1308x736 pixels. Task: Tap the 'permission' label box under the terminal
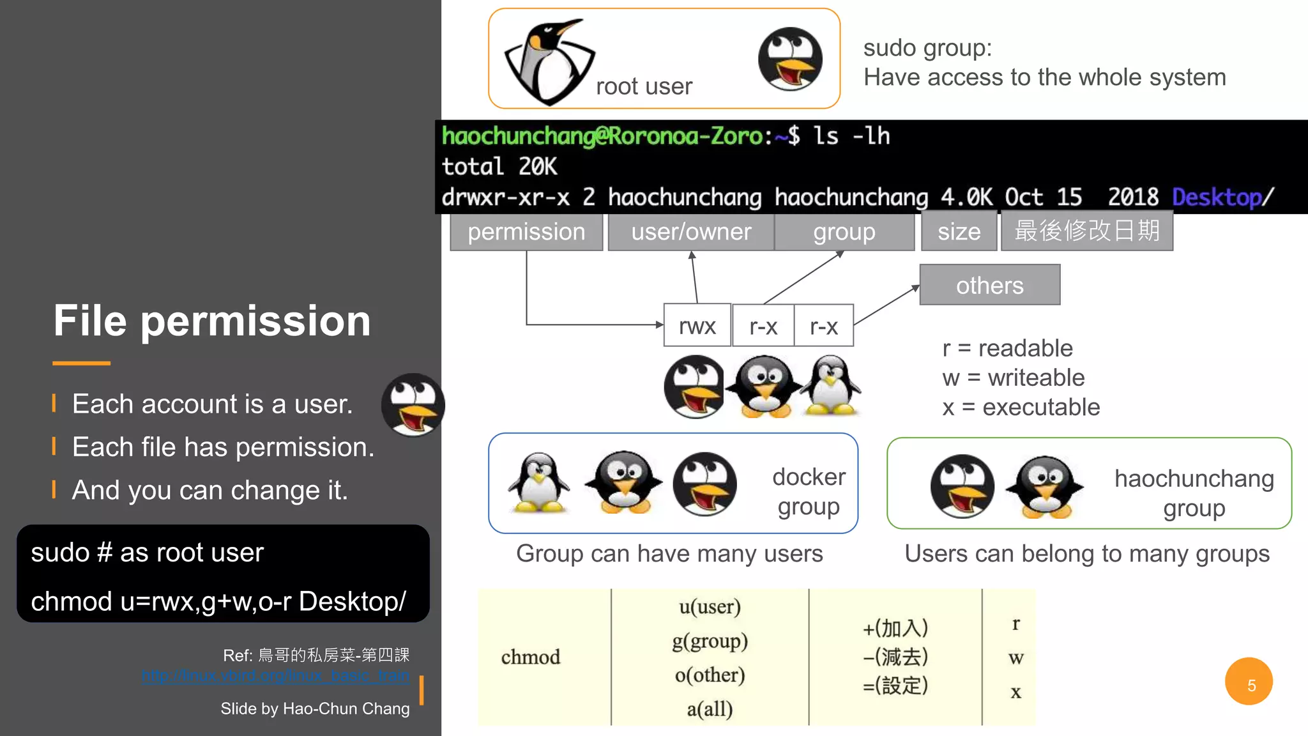(526, 232)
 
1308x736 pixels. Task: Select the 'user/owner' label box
(691, 232)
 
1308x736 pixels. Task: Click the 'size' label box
(959, 232)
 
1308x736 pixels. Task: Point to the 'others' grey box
(989, 285)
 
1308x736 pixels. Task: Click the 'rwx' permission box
(697, 326)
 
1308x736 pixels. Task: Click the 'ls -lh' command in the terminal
(851, 136)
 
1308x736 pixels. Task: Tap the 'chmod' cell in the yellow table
(530, 657)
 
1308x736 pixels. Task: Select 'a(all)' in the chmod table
(710, 709)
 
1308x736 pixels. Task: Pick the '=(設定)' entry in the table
(895, 686)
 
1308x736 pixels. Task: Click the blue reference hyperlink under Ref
(275, 676)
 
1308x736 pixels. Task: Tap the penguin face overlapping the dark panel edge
(413, 405)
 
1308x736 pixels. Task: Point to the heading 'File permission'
(212, 320)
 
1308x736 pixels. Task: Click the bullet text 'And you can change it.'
(209, 490)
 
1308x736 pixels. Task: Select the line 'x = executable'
(1021, 407)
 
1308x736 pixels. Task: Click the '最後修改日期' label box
(1086, 231)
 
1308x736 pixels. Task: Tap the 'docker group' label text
(809, 491)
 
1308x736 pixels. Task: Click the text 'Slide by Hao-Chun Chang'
(315, 709)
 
